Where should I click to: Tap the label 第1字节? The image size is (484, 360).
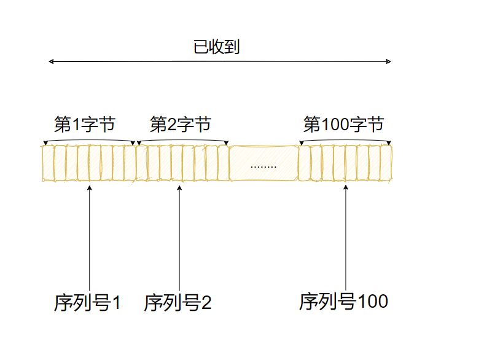84,125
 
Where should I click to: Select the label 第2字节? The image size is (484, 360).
180,125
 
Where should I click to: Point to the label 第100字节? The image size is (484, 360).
343,125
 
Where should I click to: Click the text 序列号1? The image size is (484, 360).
87,303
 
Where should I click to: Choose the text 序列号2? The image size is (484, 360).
178,303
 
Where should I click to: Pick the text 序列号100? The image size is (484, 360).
343,302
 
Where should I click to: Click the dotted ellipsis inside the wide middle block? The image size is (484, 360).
263,166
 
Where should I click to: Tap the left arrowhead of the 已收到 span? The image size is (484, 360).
51,61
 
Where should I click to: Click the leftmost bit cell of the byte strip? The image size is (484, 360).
48,163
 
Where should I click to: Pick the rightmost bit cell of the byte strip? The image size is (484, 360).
385,163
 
